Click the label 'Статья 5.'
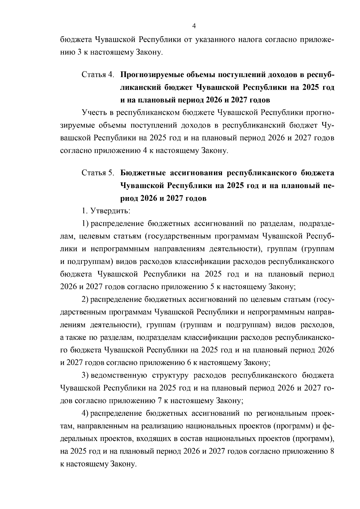tap(98, 173)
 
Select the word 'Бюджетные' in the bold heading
tap(142, 173)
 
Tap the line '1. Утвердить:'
tap(106, 211)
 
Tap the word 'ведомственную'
tap(118, 375)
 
